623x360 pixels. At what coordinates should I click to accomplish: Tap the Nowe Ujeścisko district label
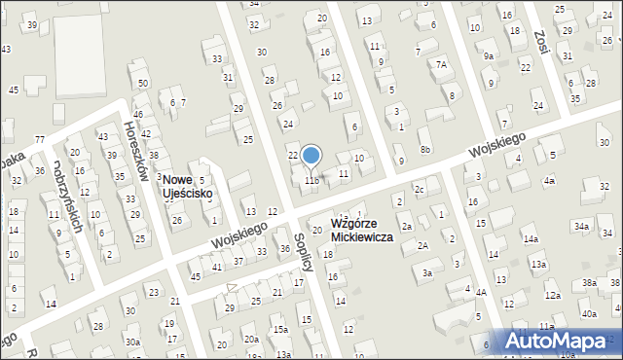(x=187, y=187)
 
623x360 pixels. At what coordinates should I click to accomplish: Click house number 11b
(x=311, y=180)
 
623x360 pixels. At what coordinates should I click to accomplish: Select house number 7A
(x=441, y=64)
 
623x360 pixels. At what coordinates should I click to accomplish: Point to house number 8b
(x=425, y=149)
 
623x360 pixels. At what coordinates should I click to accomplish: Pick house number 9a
(x=488, y=56)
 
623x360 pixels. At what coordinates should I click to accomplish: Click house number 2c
(x=419, y=188)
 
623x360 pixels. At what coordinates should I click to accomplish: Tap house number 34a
(x=581, y=227)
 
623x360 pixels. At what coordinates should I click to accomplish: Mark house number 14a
(x=530, y=238)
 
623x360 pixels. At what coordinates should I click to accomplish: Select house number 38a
(x=589, y=282)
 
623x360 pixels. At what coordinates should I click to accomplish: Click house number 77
(x=40, y=140)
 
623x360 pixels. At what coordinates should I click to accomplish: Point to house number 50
(x=143, y=83)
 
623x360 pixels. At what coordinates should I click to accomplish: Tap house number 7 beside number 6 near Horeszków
(x=182, y=101)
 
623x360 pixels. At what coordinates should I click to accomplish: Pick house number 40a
(x=589, y=313)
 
